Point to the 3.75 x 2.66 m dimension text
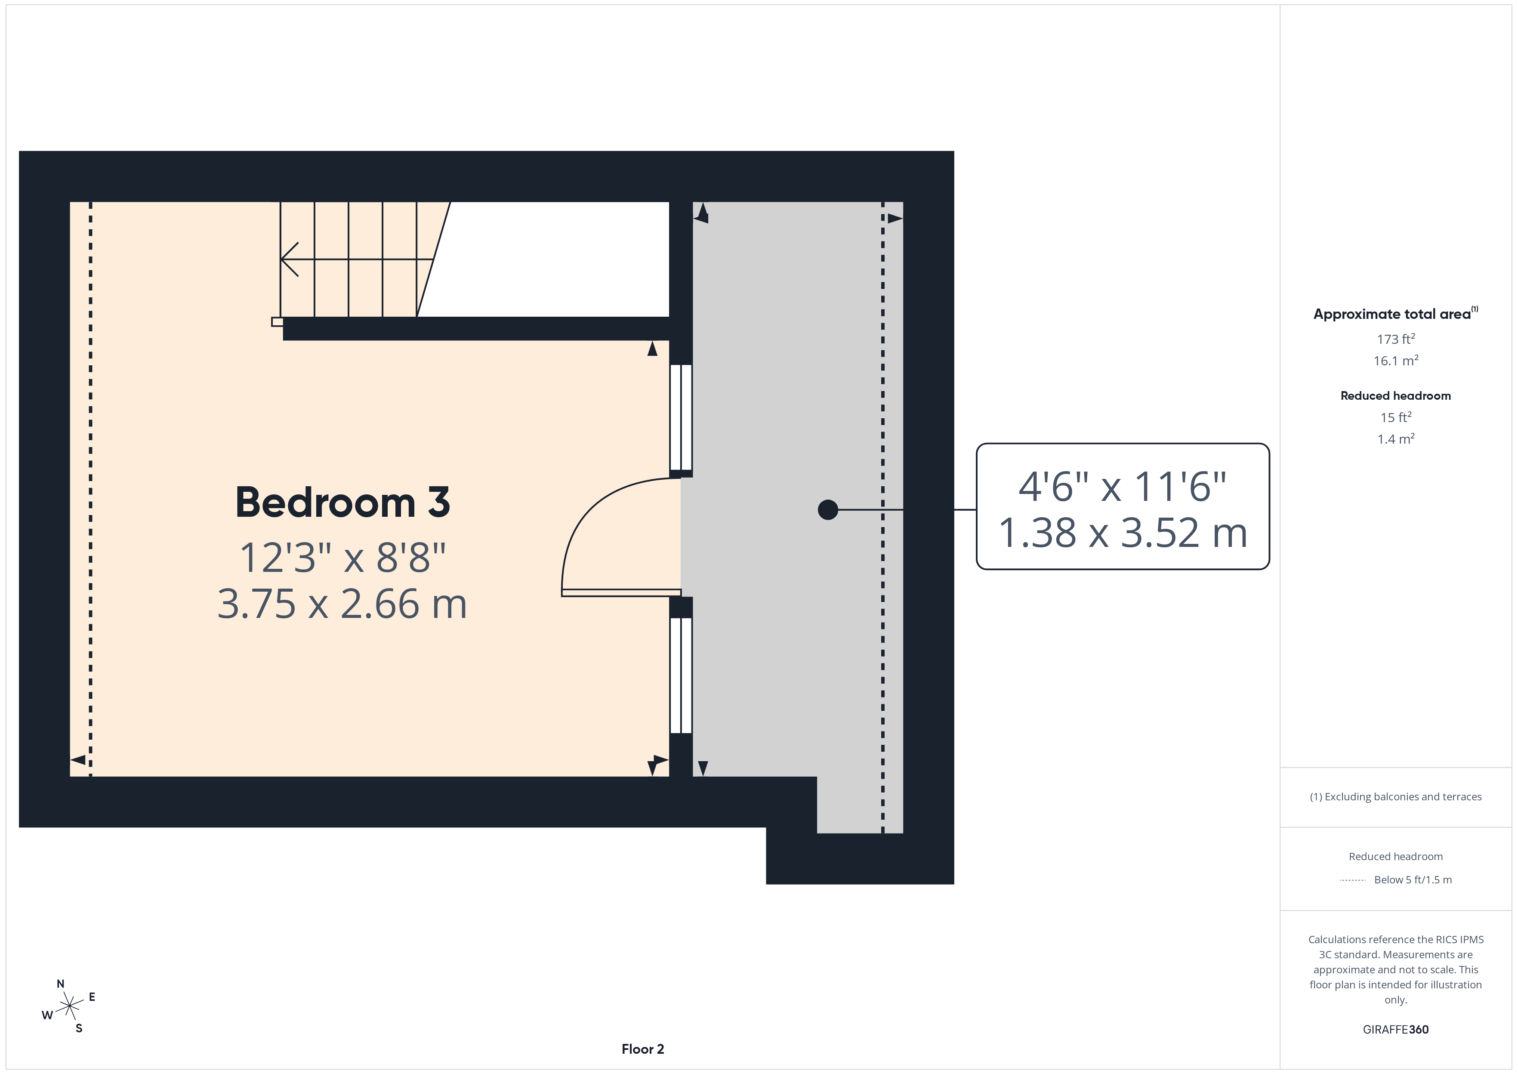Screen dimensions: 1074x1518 (x=342, y=605)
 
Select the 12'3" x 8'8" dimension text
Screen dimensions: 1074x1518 (x=342, y=558)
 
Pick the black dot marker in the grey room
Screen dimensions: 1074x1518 (x=828, y=510)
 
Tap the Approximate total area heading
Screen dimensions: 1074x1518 (x=1392, y=314)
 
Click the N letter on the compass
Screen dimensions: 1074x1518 (x=60, y=984)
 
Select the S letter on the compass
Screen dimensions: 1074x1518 (x=79, y=1028)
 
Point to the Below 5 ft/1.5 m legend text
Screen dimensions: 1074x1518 (x=1413, y=880)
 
